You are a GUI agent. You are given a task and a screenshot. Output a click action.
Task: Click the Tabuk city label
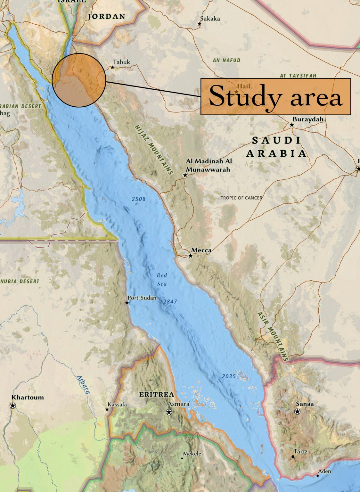click(x=121, y=62)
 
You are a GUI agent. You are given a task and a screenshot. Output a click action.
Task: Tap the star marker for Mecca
click(x=191, y=256)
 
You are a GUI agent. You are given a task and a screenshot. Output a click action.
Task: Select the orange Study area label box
click(x=275, y=96)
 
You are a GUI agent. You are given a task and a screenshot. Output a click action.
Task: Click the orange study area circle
click(x=79, y=80)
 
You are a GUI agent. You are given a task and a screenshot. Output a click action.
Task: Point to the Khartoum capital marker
click(x=13, y=406)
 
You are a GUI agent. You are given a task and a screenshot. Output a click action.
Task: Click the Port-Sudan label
click(x=142, y=298)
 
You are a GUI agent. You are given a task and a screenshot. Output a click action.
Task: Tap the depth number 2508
click(x=139, y=199)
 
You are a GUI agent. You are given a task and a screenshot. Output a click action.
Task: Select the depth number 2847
click(x=170, y=301)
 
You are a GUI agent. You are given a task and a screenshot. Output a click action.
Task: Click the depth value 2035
click(x=229, y=376)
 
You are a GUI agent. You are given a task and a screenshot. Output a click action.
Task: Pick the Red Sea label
click(x=162, y=279)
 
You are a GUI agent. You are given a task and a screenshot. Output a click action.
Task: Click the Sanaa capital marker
click(x=298, y=412)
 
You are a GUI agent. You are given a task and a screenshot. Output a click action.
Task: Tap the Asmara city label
click(x=179, y=404)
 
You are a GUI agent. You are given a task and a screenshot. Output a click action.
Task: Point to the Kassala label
click(x=117, y=405)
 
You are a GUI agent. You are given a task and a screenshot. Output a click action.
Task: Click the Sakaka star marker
click(x=200, y=24)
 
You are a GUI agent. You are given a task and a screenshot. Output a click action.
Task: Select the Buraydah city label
click(x=308, y=119)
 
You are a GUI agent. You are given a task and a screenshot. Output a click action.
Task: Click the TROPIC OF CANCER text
click(x=241, y=198)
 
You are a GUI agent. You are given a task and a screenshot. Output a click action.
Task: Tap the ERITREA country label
click(x=157, y=394)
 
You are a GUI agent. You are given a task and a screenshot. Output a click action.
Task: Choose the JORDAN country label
click(x=107, y=16)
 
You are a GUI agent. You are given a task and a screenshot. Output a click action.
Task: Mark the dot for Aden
click(x=317, y=476)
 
